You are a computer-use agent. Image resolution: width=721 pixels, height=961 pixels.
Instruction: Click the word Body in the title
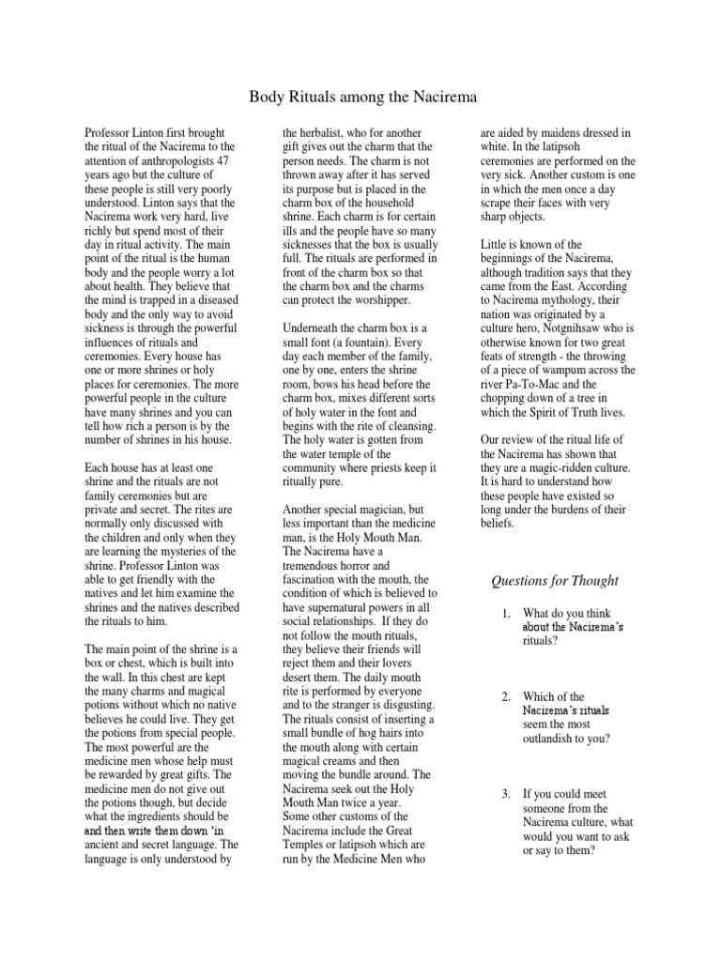tap(266, 97)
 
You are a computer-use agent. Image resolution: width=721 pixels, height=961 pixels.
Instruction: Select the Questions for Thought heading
tap(555, 580)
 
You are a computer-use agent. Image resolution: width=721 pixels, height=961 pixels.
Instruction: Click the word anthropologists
tap(176, 160)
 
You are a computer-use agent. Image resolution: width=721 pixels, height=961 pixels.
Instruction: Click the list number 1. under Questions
tap(505, 614)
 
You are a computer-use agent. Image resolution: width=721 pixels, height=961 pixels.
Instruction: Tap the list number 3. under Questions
tap(505, 794)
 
